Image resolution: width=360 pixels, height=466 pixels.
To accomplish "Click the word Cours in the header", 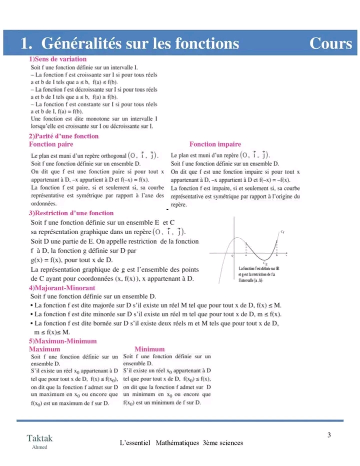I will tap(330, 44).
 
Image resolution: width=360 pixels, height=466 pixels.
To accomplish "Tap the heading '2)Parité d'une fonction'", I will tap(63, 136).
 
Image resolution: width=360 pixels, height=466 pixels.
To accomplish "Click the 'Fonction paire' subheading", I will tap(51, 144).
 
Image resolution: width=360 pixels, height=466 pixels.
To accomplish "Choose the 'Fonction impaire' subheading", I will tap(215, 144).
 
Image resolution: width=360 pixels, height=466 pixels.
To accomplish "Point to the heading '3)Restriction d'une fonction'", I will tap(71, 213).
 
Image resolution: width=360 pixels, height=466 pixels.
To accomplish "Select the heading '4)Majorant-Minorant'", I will tap(62, 288).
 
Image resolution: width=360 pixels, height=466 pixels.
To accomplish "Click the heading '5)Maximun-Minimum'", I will tap(62, 341).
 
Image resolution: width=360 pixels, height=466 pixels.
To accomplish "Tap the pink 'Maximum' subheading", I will tap(44, 349).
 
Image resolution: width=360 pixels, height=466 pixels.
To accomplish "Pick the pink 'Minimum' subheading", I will tap(149, 349).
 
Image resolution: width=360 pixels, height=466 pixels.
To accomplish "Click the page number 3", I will tap(329, 434).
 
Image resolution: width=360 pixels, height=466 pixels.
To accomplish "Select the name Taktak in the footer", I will tap(39, 438).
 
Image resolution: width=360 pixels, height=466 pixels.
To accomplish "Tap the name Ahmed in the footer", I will tap(39, 447).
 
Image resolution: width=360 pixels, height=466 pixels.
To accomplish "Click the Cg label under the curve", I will tap(264, 263).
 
